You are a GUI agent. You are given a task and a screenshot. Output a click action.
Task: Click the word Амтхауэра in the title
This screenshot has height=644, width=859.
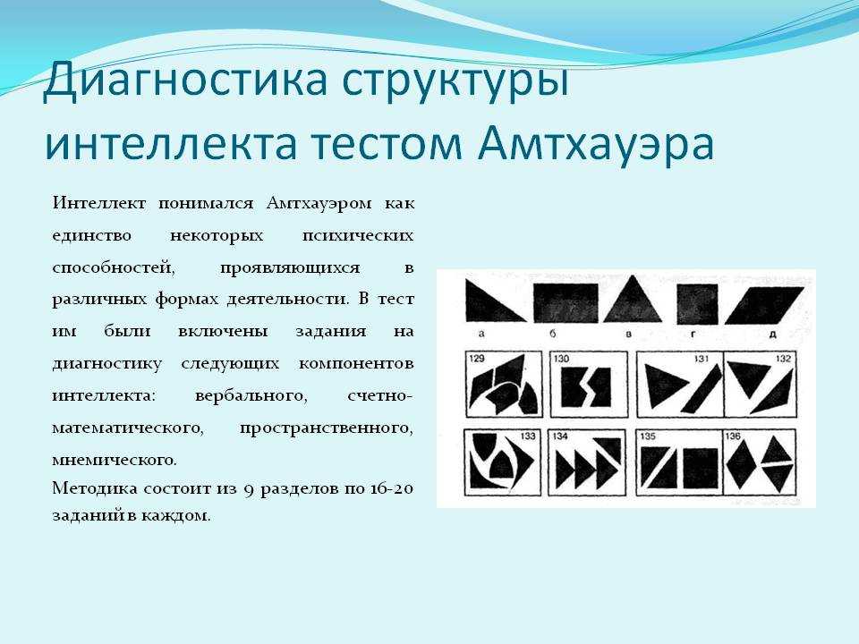tap(596, 143)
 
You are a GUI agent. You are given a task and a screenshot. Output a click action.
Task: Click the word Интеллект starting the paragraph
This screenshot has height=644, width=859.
tap(99, 203)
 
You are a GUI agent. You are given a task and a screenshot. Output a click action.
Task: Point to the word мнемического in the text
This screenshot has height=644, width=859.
tap(115, 460)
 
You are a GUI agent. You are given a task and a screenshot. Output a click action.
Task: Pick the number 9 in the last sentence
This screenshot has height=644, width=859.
tap(248, 489)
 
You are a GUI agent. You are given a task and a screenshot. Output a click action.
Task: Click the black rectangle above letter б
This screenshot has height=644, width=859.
tap(566, 303)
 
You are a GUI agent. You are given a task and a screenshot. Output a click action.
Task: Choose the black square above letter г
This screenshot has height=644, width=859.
tap(697, 304)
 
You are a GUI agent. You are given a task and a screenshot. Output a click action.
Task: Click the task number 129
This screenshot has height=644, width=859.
tap(477, 359)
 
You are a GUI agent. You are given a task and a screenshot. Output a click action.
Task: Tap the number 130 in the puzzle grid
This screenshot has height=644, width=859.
tap(562, 359)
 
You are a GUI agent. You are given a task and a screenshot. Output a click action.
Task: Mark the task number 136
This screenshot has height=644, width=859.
tap(733, 436)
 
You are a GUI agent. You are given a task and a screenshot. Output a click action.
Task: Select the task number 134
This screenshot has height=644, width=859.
tap(560, 436)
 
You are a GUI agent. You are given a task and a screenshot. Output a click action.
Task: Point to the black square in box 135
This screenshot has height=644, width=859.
tap(700, 468)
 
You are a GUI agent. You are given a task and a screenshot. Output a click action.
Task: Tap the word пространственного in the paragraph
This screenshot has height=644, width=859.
tap(327, 428)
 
